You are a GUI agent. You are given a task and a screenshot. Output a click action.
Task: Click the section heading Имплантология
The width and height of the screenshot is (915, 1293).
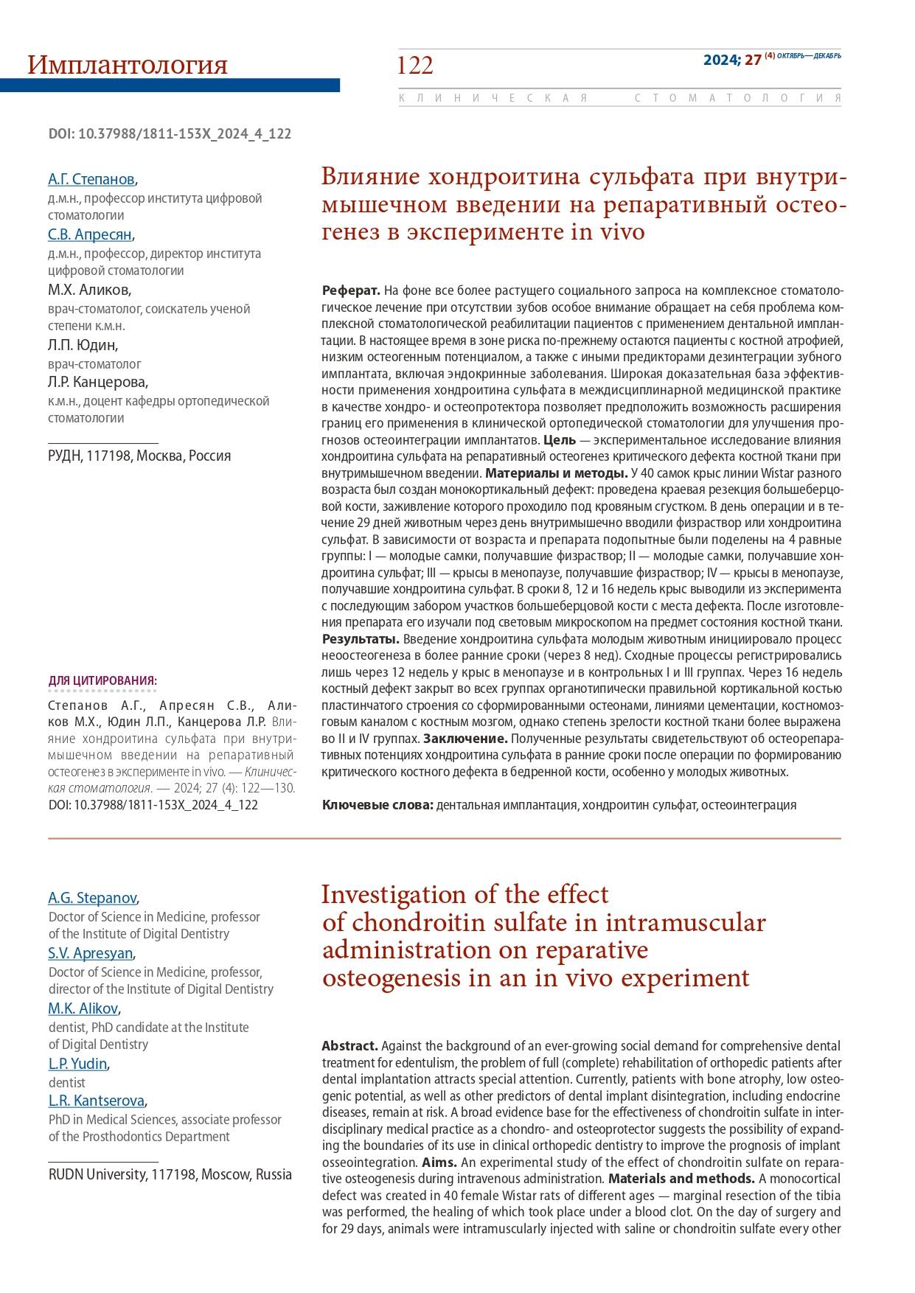[127, 66]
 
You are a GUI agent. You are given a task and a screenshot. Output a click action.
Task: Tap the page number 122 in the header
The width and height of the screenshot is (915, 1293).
[415, 66]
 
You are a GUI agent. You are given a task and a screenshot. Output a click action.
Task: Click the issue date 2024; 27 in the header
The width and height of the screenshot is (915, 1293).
[731, 60]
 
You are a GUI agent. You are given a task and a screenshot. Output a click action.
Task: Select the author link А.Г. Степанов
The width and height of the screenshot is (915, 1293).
[91, 179]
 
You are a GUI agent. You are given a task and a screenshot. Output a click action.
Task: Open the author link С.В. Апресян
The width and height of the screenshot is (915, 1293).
[90, 234]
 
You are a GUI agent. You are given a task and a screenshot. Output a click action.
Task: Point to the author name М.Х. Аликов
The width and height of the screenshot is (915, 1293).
[89, 290]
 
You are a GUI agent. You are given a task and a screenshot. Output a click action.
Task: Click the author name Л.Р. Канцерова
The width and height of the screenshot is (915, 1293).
[98, 382]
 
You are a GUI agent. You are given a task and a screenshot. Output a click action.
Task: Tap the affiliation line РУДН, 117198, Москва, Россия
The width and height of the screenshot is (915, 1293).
[139, 456]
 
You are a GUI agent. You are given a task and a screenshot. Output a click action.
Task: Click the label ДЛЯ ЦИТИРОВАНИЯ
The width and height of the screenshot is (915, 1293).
[102, 680]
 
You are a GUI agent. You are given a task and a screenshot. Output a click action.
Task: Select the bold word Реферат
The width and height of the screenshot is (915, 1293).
[350, 290]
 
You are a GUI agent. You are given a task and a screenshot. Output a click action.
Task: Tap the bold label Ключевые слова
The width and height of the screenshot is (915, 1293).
[377, 804]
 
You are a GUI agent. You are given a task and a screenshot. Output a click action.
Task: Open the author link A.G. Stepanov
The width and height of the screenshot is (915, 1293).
[92, 898]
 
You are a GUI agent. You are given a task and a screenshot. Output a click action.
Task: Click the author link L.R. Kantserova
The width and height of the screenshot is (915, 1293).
[97, 1101]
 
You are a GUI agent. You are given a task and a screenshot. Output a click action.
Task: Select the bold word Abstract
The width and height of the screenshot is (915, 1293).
[349, 1046]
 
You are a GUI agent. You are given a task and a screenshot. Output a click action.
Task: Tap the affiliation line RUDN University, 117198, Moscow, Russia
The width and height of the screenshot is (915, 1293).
[170, 1174]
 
